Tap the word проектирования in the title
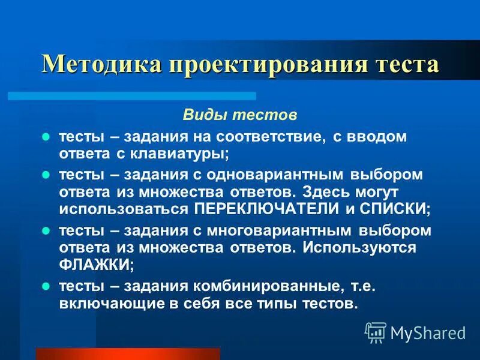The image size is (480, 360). tap(271, 64)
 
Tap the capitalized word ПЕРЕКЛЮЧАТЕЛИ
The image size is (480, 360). tap(266, 208)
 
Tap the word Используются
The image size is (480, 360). tap(365, 247)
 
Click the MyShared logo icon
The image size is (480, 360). tap(376, 332)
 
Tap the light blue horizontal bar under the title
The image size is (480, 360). tap(132, 96)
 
